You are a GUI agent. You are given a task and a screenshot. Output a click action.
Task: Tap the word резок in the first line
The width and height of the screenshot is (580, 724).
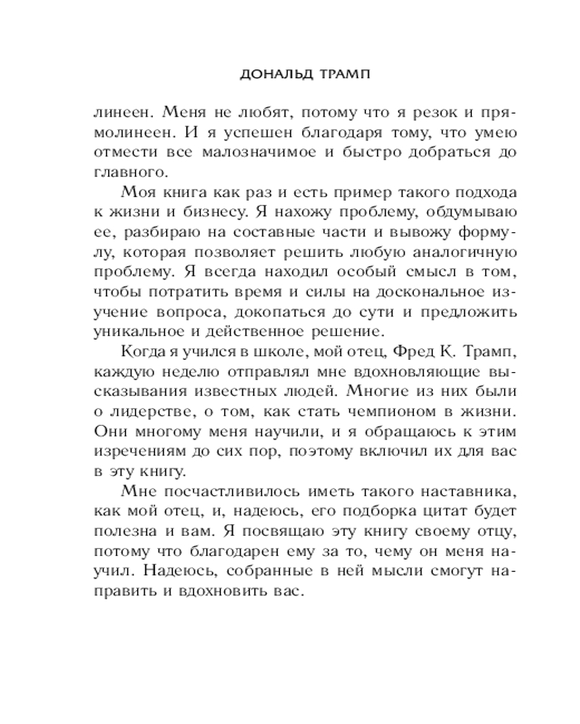pyautogui.click(x=438, y=113)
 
